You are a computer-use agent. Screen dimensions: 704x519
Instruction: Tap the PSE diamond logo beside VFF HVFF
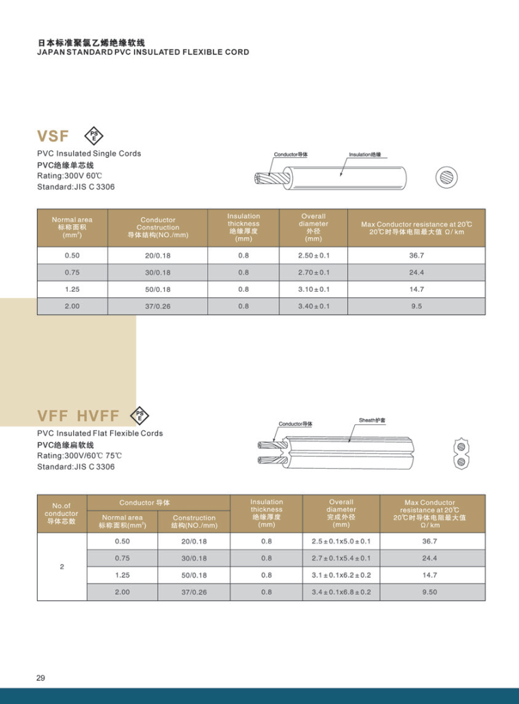139,415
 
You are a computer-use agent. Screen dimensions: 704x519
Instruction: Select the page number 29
40,678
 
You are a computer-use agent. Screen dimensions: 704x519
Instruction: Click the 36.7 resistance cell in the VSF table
416,255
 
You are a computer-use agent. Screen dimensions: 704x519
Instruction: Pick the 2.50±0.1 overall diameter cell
313,255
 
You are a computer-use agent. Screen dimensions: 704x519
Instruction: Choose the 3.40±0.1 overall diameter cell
313,306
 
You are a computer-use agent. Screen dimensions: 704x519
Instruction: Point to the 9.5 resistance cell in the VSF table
416,306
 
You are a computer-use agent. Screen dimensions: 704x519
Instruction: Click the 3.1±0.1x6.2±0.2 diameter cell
341,575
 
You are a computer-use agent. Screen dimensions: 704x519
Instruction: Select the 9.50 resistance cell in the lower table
430,592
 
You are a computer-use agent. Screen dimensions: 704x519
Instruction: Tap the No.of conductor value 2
62,567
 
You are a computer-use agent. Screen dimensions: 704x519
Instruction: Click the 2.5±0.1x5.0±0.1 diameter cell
341,541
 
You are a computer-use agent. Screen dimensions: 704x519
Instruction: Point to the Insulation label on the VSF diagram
364,154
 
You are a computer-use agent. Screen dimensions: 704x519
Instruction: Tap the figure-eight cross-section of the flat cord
462,454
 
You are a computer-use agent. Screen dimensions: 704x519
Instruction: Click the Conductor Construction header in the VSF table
157,228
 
